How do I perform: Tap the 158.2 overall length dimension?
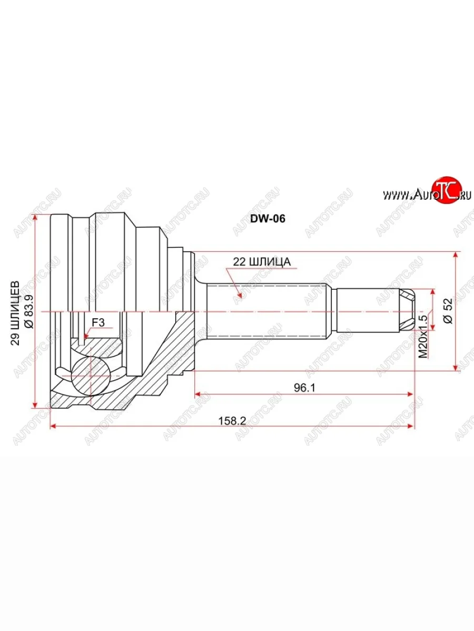(232, 421)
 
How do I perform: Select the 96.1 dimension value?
(304, 388)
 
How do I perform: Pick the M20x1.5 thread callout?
(423, 334)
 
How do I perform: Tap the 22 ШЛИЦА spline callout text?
(262, 262)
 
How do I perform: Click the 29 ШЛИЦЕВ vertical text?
(15, 313)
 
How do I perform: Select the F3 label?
(98, 322)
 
